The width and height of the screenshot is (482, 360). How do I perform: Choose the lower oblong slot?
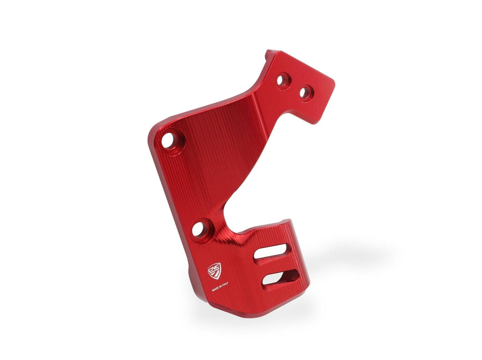click(280, 278)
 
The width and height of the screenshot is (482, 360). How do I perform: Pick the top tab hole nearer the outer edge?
click(306, 92)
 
